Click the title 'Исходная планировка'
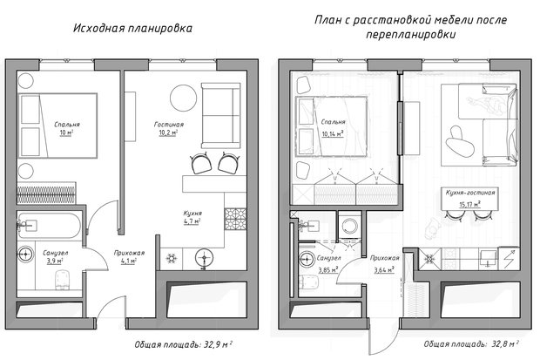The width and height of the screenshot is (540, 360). pyautogui.click(x=132, y=28)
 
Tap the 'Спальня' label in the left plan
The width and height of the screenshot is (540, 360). pyautogui.click(x=67, y=125)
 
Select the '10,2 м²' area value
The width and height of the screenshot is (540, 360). pyautogui.click(x=168, y=132)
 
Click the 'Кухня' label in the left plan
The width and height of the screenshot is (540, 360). pyautogui.click(x=192, y=213)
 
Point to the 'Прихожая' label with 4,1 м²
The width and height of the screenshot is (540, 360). pyautogui.click(x=129, y=253)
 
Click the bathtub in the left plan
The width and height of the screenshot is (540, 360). pyautogui.click(x=50, y=226)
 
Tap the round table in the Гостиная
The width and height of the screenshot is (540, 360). pyautogui.click(x=183, y=98)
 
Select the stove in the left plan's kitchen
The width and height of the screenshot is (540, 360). pyautogui.click(x=235, y=220)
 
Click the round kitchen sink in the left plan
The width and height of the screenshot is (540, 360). pyautogui.click(x=204, y=258)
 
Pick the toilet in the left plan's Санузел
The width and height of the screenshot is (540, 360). pyautogui.click(x=63, y=278)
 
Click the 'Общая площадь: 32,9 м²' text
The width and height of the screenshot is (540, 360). pyautogui.click(x=183, y=344)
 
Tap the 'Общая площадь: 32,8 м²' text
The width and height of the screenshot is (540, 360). pyautogui.click(x=471, y=344)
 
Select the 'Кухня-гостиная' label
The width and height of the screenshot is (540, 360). pyautogui.click(x=470, y=193)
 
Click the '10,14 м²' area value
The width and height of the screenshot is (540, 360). pyautogui.click(x=333, y=133)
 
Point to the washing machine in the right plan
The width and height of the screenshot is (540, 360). pyautogui.click(x=349, y=225)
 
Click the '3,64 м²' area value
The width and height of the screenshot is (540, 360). pyautogui.click(x=384, y=270)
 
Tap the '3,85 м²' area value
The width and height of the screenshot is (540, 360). pyautogui.click(x=327, y=270)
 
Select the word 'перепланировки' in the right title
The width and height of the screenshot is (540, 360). pyautogui.click(x=411, y=35)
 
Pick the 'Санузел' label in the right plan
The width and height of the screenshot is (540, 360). pyautogui.click(x=329, y=258)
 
